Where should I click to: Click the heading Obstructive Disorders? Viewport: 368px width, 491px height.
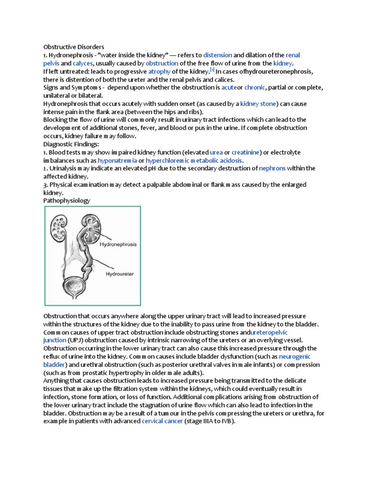pos(74,47)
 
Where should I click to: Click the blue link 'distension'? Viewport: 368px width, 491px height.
pos(218,55)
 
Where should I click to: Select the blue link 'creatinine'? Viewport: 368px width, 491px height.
pos(246,152)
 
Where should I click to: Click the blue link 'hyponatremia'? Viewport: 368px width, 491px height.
pos(117,160)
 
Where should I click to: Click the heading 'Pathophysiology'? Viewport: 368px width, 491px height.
pos(67,201)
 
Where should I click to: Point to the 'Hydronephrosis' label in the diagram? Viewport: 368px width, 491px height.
pos(118,244)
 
